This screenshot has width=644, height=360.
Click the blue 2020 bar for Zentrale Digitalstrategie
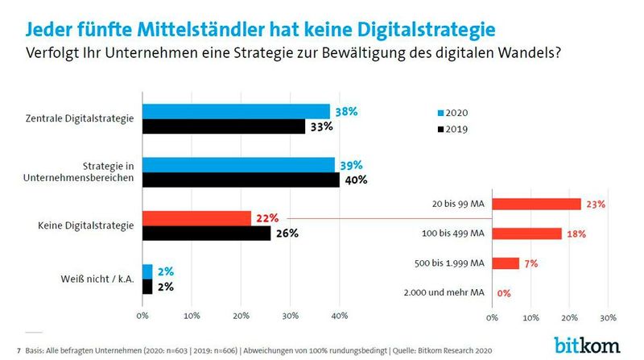pos(236,111)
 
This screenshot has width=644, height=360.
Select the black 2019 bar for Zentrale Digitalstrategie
pos(224,126)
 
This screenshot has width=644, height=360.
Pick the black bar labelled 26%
pos(206,234)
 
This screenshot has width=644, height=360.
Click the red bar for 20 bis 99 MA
pos(537,204)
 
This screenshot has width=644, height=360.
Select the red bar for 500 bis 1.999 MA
pos(506,263)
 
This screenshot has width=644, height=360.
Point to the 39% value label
pos(351,164)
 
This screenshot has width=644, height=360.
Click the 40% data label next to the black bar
pos(355,180)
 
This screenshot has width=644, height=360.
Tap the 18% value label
pos(576,234)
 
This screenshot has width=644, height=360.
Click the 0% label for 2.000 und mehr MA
pos(504,294)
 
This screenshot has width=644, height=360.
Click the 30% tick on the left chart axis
pos(290,316)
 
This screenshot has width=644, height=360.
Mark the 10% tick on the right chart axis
pos(530,316)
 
